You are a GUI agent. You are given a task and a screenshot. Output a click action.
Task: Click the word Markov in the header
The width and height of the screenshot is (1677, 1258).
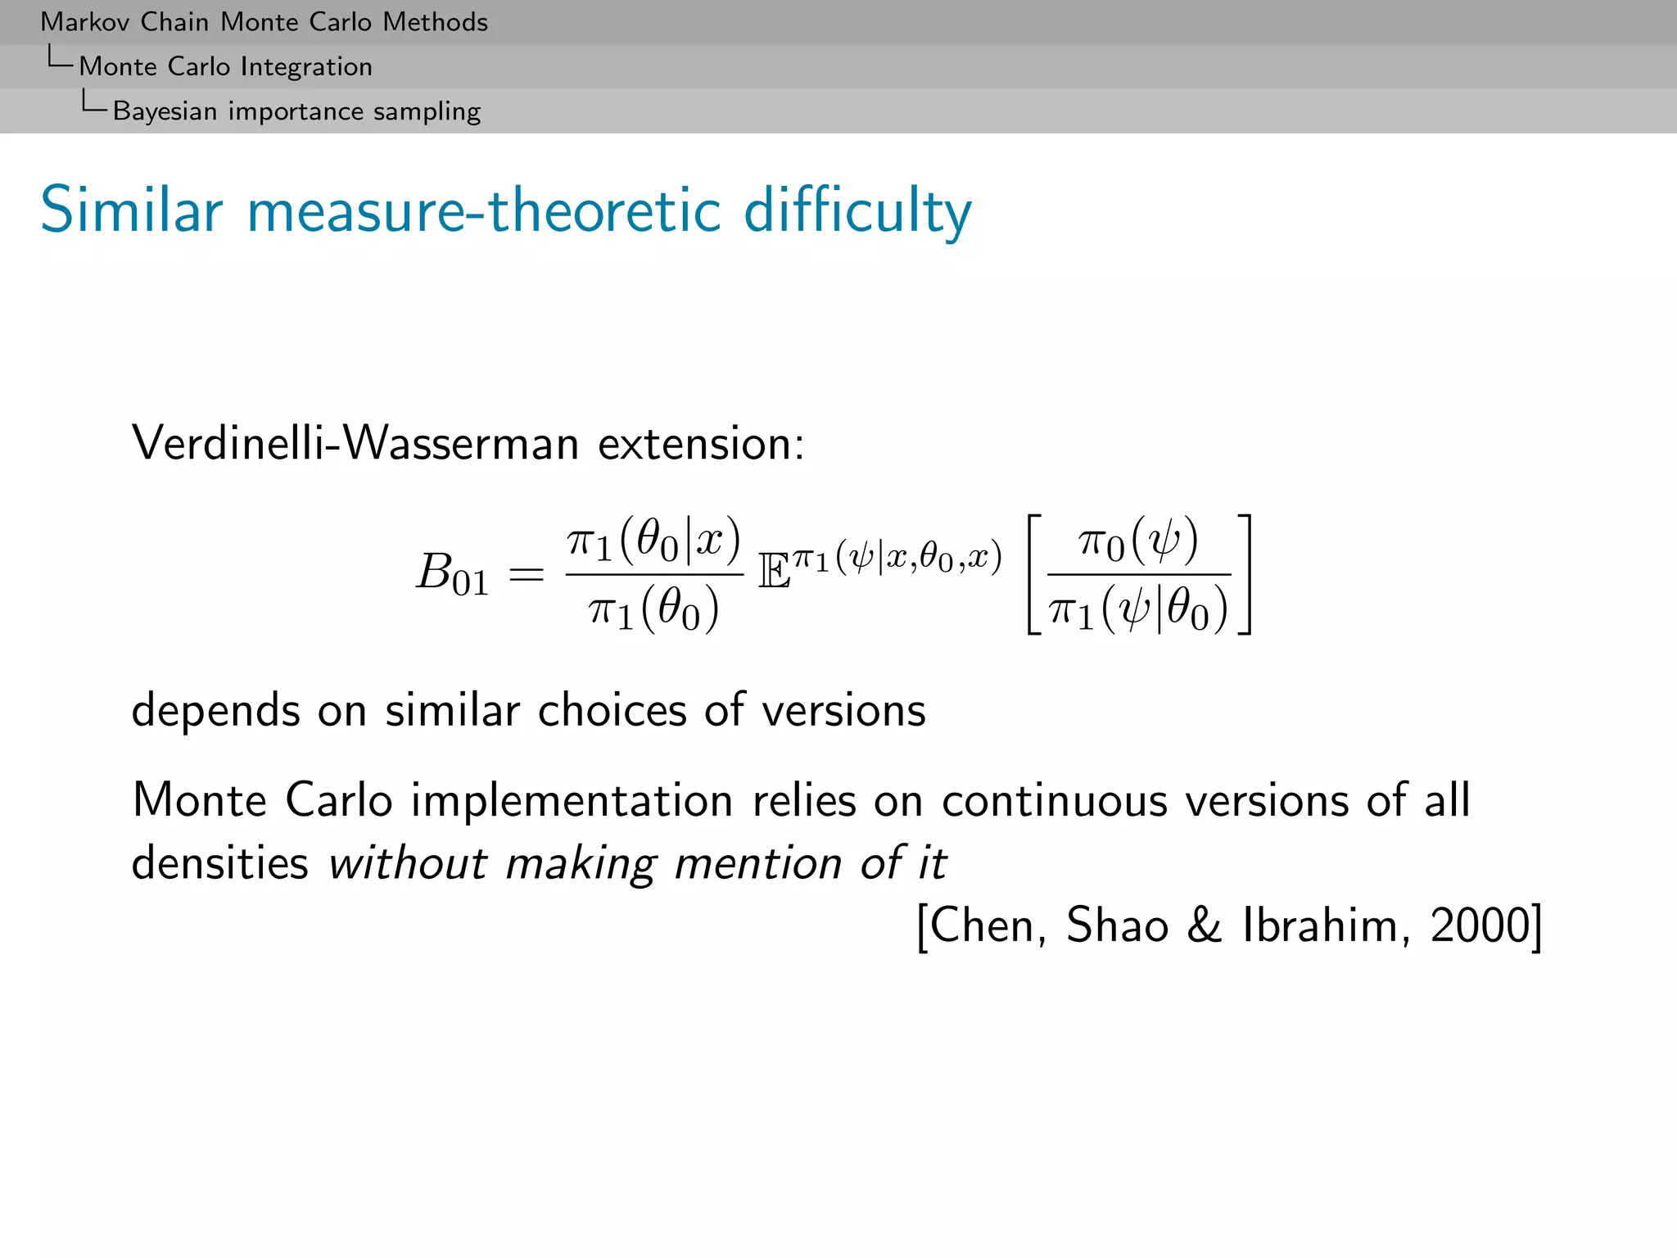tap(85, 22)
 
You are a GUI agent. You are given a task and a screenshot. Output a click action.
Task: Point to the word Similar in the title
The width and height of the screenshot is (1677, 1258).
tap(131, 210)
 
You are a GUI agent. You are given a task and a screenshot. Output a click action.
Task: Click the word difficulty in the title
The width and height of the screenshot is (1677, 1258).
tap(857, 210)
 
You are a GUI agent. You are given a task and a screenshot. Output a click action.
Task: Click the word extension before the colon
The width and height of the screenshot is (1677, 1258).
tap(695, 444)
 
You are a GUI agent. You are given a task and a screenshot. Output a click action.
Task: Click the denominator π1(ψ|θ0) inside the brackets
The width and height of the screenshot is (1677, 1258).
tap(1138, 610)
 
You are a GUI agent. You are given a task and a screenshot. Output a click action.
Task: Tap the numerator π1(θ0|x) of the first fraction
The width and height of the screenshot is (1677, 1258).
tap(653, 541)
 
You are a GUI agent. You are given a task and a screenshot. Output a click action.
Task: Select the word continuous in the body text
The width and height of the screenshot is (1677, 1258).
tap(1054, 800)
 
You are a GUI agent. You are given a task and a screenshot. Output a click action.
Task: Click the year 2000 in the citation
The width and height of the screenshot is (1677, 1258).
tap(1479, 926)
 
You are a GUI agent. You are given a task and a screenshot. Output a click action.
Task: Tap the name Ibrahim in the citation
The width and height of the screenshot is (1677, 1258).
tap(1326, 926)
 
